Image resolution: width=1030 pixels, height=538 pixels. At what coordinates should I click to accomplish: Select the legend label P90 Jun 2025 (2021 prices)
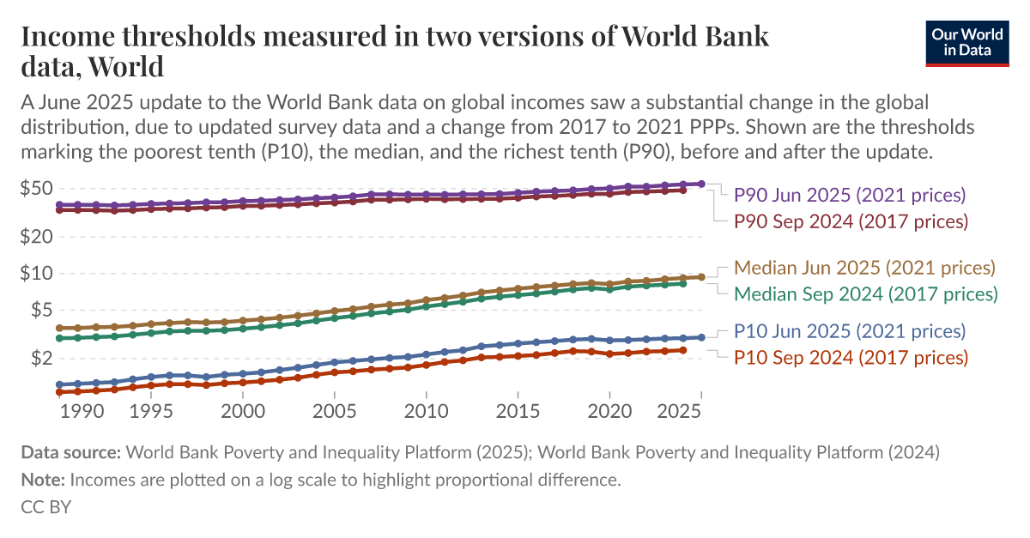point(850,195)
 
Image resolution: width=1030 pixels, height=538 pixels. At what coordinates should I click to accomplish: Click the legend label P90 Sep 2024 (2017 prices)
point(851,221)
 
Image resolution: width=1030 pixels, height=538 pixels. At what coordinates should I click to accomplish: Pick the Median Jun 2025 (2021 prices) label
point(864,267)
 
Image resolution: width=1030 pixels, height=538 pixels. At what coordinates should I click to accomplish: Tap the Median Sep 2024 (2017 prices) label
point(865,293)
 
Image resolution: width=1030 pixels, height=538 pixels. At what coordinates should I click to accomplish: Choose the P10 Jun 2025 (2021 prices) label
point(850,331)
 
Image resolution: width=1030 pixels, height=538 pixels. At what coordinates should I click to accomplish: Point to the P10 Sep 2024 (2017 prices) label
point(851,357)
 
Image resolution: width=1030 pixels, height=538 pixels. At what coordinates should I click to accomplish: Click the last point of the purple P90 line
point(701,184)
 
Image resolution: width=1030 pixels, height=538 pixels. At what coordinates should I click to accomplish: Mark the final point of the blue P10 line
point(701,337)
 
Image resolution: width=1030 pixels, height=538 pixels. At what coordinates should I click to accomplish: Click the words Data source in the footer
point(71,451)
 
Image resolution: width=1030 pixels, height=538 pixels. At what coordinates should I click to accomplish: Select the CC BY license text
point(45,506)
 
